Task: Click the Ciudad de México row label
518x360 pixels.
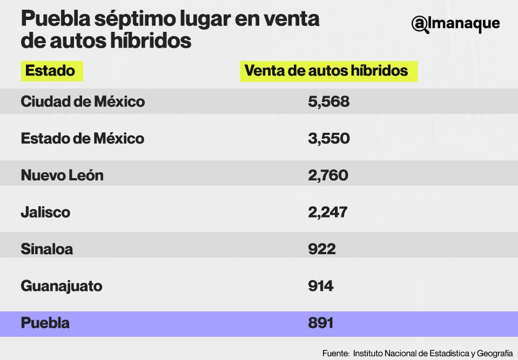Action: pos(83,101)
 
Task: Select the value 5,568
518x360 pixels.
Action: pos(328,101)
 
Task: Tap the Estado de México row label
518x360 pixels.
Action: pos(83,139)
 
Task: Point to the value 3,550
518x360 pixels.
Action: pos(328,139)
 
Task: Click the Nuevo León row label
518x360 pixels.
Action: pos(62,175)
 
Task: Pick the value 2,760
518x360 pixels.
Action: pos(328,175)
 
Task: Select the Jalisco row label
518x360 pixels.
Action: pos(45,212)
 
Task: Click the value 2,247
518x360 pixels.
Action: pos(327,212)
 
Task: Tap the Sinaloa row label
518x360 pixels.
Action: pos(47,249)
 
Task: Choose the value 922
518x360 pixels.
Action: pos(321,249)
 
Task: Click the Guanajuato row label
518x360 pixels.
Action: pos(62,286)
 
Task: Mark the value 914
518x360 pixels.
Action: pos(320,286)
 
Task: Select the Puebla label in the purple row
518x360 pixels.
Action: pos(45,323)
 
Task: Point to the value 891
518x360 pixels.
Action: pos(320,323)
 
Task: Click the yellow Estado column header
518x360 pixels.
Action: pos(52,71)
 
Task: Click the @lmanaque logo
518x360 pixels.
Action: pos(455,24)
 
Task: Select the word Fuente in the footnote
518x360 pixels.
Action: pos(335,354)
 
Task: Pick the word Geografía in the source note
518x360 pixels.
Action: pos(494,354)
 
